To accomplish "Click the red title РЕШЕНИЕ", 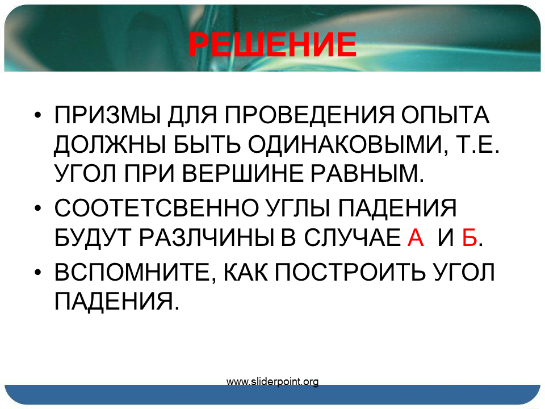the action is pos(273,44).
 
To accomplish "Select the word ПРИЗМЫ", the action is pos(107,115).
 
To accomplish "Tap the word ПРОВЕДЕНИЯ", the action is pos(309,115).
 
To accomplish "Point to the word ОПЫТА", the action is pos(445,115).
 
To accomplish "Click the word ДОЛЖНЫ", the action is pos(110,144).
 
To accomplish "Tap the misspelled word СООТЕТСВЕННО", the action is pos(156,208).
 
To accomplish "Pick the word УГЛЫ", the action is pos(297,208).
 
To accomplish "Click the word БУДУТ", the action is pos(93,238).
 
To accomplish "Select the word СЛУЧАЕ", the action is pos(352,238).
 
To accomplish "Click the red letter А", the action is pos(416,238).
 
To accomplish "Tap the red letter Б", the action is pos(469,238).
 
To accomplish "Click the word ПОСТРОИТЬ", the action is pos(350,272).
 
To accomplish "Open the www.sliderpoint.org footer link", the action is pos(272,382).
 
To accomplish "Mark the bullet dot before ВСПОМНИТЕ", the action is pos(38,272).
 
